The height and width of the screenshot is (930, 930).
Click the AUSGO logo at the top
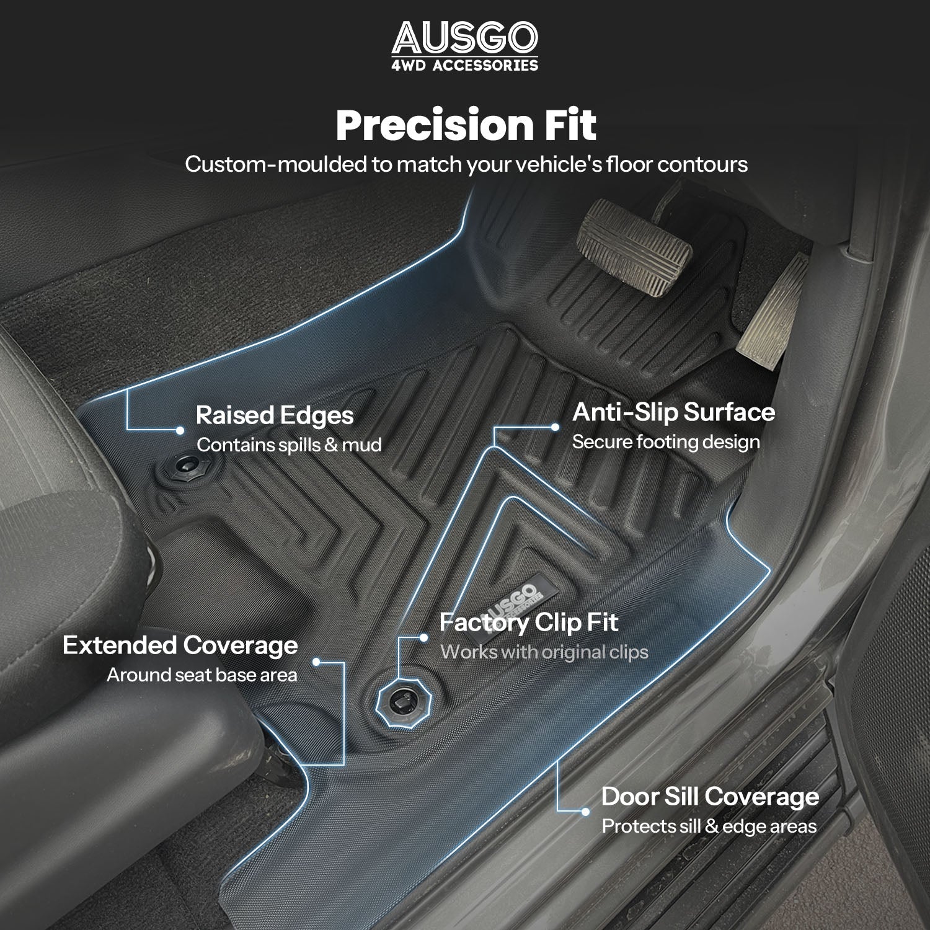tap(464, 38)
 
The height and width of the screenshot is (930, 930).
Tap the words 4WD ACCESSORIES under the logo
tap(465, 65)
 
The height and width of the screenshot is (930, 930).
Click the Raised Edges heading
tap(275, 415)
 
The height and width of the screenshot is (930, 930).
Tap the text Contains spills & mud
tap(289, 445)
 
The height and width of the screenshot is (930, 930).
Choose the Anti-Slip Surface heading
tap(673, 412)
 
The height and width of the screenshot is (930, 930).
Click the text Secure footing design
tap(666, 442)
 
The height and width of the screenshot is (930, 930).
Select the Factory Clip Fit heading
tap(529, 622)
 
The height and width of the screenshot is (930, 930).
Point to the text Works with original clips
tap(544, 652)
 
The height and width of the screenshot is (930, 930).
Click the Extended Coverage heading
tap(180, 645)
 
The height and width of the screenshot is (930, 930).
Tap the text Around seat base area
tap(202, 675)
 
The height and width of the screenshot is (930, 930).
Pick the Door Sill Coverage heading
tap(710, 797)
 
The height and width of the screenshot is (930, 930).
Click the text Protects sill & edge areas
tap(709, 826)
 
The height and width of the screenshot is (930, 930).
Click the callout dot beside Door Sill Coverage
tap(585, 811)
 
